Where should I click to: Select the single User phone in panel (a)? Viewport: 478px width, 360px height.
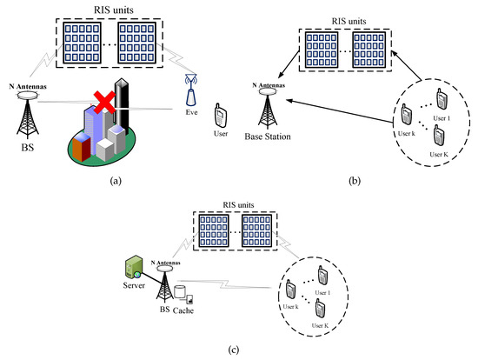pyautogui.click(x=221, y=115)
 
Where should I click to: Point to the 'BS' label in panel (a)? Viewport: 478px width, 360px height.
pyautogui.click(x=24, y=147)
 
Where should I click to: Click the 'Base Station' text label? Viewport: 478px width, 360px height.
pyautogui.click(x=266, y=137)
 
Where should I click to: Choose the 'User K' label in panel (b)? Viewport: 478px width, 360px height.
pyautogui.click(x=439, y=153)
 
